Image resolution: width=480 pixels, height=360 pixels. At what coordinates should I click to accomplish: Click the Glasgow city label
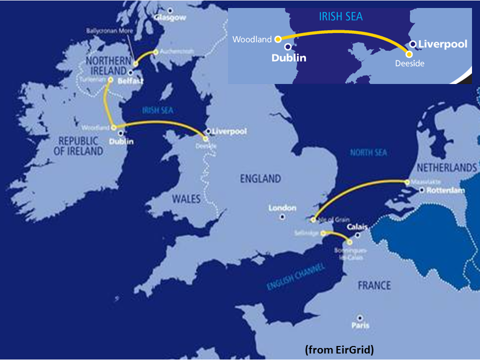click(170, 17)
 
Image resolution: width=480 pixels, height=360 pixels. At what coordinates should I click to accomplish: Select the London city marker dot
click(282, 217)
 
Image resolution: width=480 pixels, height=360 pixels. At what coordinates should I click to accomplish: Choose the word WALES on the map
click(186, 199)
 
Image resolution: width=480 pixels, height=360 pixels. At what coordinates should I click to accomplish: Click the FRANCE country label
click(374, 285)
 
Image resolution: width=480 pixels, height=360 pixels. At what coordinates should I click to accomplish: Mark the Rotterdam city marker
click(422, 190)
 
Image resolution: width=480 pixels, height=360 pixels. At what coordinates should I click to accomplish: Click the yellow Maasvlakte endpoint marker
click(407, 182)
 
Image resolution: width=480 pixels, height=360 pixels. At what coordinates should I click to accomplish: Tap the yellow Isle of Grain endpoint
click(313, 220)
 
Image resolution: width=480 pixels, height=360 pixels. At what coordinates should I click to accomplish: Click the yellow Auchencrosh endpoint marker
click(156, 51)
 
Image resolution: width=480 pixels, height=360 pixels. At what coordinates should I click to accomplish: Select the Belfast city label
click(132, 80)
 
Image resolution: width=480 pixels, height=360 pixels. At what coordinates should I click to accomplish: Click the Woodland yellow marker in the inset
click(277, 38)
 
